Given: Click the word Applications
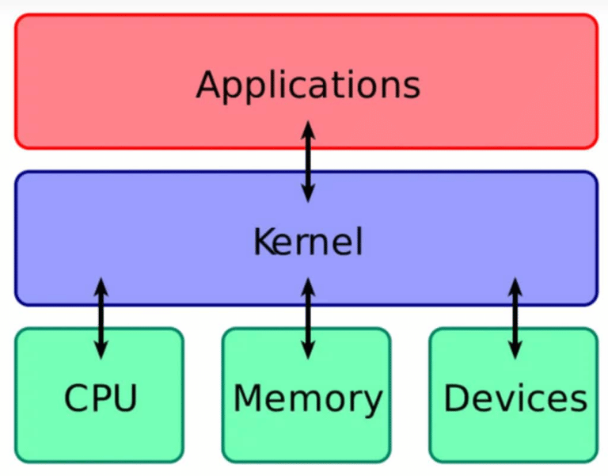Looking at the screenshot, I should click(x=308, y=84).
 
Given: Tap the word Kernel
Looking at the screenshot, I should click(x=308, y=242).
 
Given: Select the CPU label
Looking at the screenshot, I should click(x=101, y=398).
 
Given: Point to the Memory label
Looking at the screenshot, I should click(x=308, y=398).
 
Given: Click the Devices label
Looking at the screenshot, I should click(x=515, y=398).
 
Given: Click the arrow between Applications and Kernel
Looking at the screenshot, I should click(x=308, y=162).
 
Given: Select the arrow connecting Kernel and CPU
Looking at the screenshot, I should click(x=101, y=318).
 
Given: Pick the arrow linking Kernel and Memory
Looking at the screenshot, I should click(x=308, y=318).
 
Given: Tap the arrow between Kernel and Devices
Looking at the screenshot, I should click(x=515, y=318).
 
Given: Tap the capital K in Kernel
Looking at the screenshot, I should click(x=263, y=242).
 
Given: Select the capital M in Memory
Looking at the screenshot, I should click(x=249, y=398).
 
